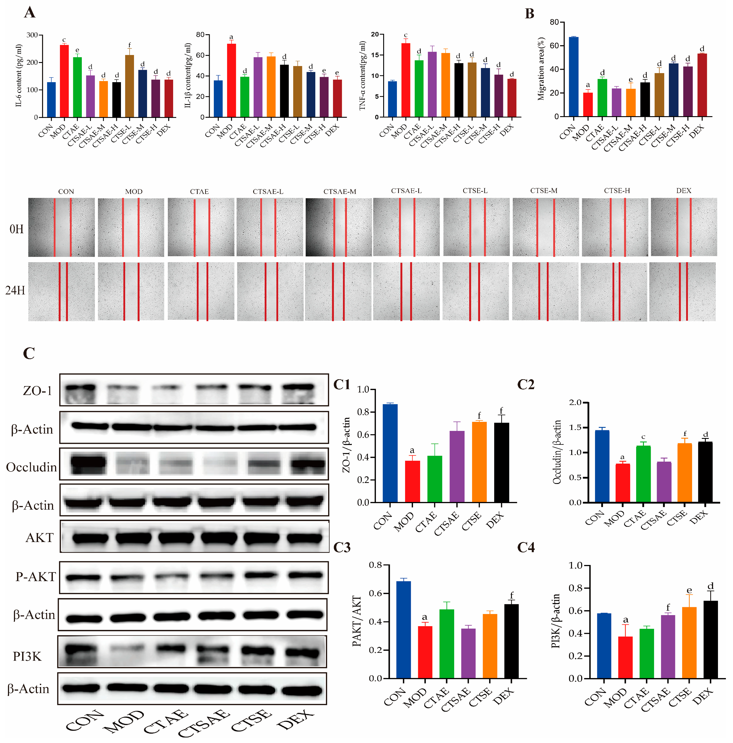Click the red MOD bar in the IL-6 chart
click(x=64, y=81)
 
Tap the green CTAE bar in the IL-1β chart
click(x=245, y=97)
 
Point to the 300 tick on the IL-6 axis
click(x=32, y=35)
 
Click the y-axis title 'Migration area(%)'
click(x=541, y=69)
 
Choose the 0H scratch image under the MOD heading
click(x=131, y=227)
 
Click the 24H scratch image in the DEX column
click(x=683, y=292)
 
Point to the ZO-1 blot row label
click(x=37, y=391)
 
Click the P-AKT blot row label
click(x=35, y=577)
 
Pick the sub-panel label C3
click(x=342, y=548)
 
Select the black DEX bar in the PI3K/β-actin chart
click(x=711, y=640)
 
